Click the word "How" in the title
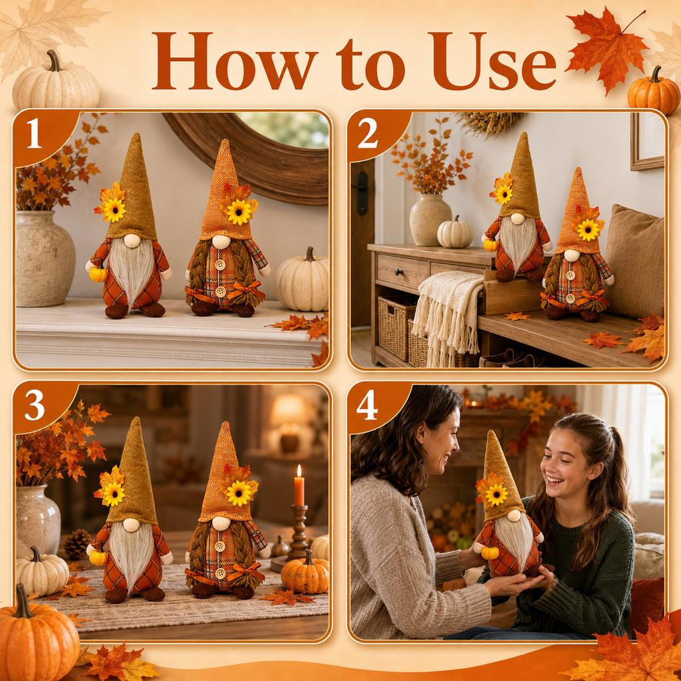click(x=235, y=61)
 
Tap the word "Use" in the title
click(x=494, y=61)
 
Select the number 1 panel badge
click(x=34, y=133)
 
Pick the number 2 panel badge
click(x=367, y=133)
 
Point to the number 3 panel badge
click(x=35, y=406)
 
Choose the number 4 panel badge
click(x=367, y=406)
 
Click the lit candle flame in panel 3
click(x=299, y=471)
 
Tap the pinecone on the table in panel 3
click(x=77, y=544)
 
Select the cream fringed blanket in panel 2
click(x=448, y=315)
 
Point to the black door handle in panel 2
click(x=362, y=193)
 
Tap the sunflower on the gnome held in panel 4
click(x=496, y=494)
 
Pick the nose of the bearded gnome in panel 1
click(x=132, y=241)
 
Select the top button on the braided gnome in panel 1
click(x=221, y=265)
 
